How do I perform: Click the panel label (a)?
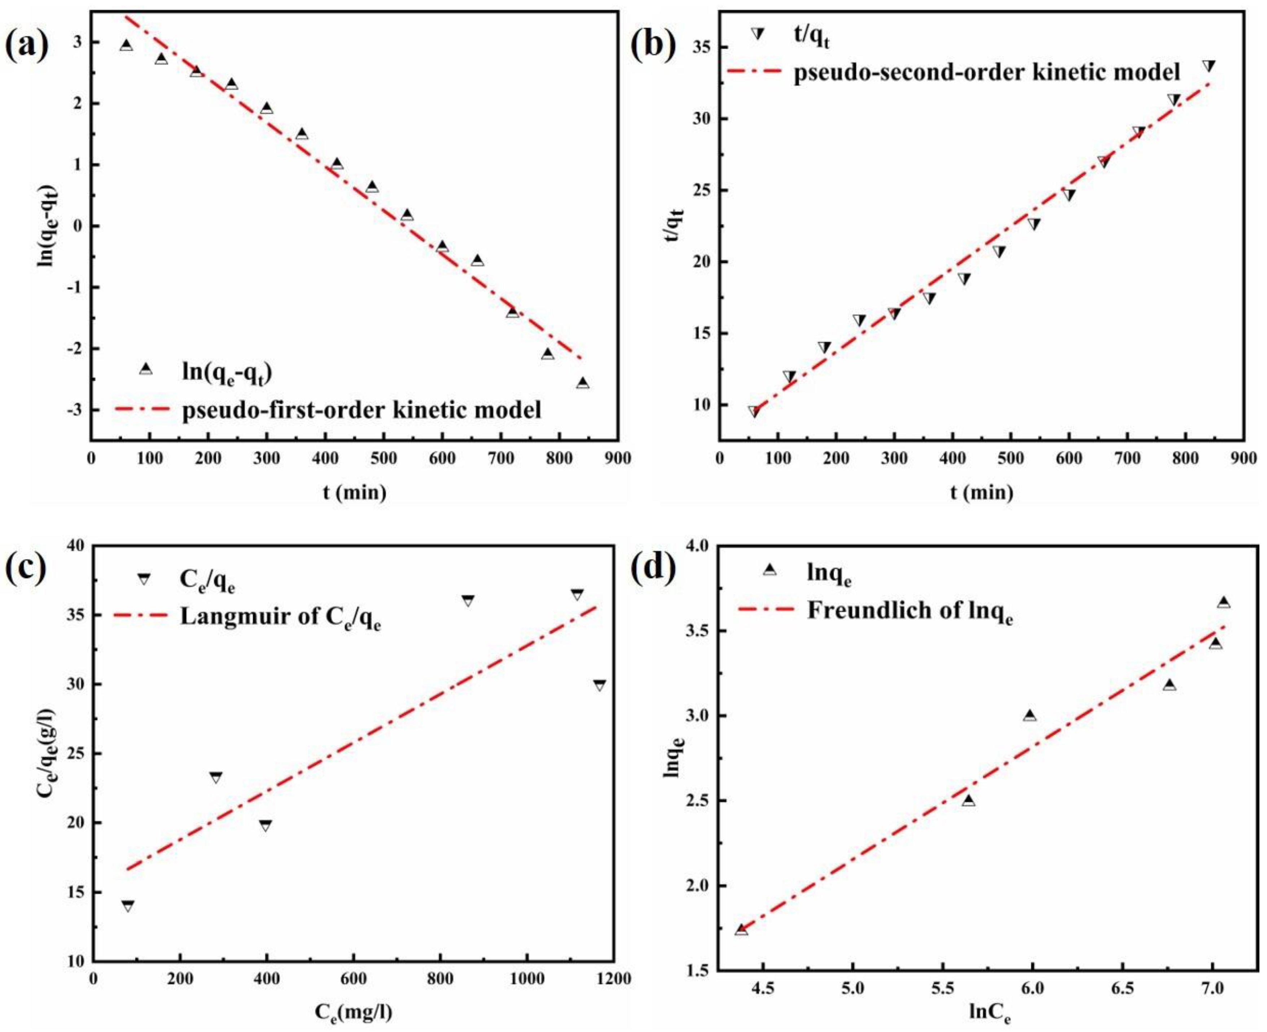pos(27,45)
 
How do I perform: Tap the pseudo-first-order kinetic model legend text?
pos(361,410)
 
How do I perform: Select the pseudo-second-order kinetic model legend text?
pos(987,72)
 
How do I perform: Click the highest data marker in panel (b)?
pos(1208,66)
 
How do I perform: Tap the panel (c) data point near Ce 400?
pos(266,826)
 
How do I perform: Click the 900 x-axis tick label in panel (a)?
pos(618,459)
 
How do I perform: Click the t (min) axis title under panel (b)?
pos(981,493)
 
